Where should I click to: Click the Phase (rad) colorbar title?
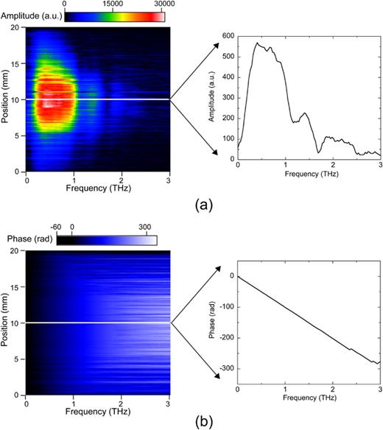pyautogui.click(x=27, y=239)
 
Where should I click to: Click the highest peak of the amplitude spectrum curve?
pyautogui.click(x=256, y=43)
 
